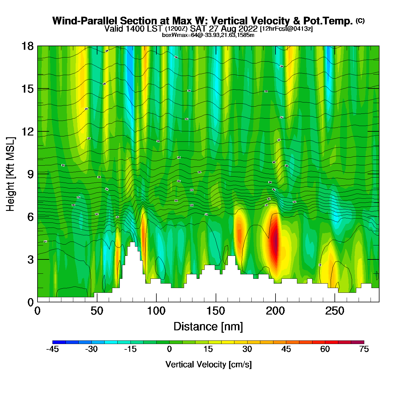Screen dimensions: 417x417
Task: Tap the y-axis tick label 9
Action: click(30, 174)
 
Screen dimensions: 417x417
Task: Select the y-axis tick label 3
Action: click(30, 259)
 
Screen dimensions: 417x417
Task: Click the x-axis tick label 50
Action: click(97, 311)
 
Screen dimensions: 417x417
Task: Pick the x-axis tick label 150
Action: click(216, 311)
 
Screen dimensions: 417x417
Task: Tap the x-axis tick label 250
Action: click(335, 311)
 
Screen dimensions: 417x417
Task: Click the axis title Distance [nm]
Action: click(208, 327)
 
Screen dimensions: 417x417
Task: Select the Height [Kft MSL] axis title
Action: click(10, 174)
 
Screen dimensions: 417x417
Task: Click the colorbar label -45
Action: click(52, 349)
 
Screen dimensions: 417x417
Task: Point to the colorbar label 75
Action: click(364, 349)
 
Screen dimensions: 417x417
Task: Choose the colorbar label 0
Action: click(169, 349)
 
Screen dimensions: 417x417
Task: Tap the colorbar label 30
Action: click(247, 349)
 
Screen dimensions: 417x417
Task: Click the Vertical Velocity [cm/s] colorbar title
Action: click(208, 364)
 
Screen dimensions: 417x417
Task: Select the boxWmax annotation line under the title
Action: click(208, 35)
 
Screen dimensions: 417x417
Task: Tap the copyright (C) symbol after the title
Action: click(360, 21)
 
